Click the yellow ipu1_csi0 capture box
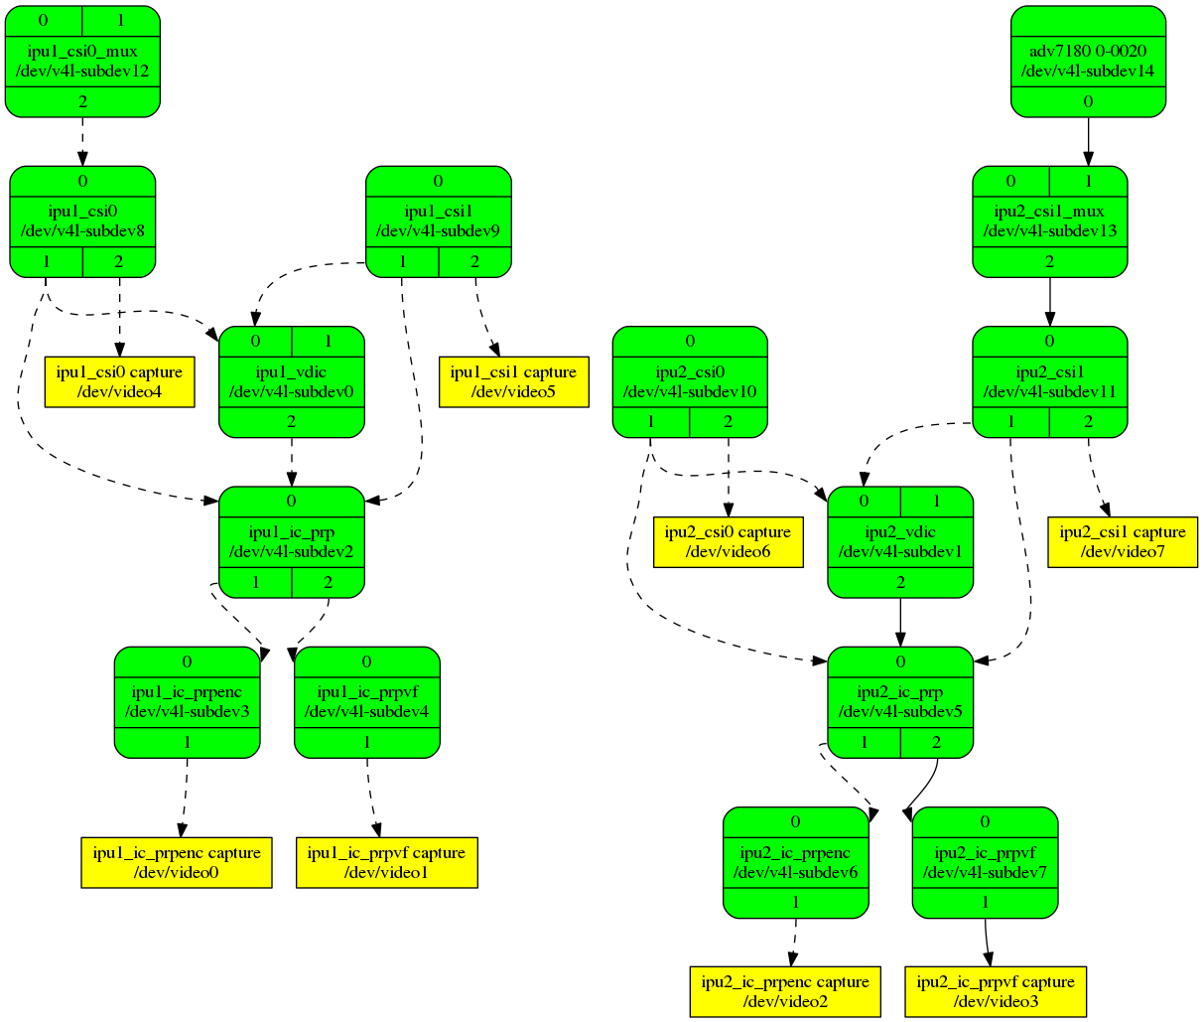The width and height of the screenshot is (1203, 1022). tap(119, 382)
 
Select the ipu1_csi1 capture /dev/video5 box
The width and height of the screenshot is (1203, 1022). tap(513, 382)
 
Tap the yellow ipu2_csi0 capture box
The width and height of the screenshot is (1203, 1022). tap(728, 542)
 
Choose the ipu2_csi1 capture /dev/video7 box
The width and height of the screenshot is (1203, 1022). tap(1123, 542)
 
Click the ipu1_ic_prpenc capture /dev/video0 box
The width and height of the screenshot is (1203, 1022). tap(177, 862)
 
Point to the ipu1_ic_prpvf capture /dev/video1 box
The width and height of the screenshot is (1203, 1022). tap(386, 862)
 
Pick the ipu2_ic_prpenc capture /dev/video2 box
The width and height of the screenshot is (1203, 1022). tap(785, 991)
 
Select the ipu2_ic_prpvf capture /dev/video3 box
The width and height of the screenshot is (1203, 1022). tap(996, 991)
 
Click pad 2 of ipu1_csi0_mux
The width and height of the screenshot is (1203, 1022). tap(82, 101)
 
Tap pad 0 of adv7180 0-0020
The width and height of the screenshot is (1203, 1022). tap(1088, 101)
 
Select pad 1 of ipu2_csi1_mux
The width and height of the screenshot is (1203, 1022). tap(1088, 182)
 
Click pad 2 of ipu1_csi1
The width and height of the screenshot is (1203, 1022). tap(474, 262)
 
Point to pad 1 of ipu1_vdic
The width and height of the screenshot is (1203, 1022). tap(329, 342)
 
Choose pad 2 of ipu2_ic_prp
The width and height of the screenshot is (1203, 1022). tap(937, 742)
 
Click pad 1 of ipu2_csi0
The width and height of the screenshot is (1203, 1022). tap(651, 421)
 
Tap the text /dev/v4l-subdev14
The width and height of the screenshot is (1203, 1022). tap(1088, 71)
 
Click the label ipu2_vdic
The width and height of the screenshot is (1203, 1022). tap(900, 531)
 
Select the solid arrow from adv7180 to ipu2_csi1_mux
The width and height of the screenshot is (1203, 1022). tap(1088, 141)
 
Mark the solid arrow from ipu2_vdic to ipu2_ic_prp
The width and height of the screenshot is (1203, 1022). tap(900, 622)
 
